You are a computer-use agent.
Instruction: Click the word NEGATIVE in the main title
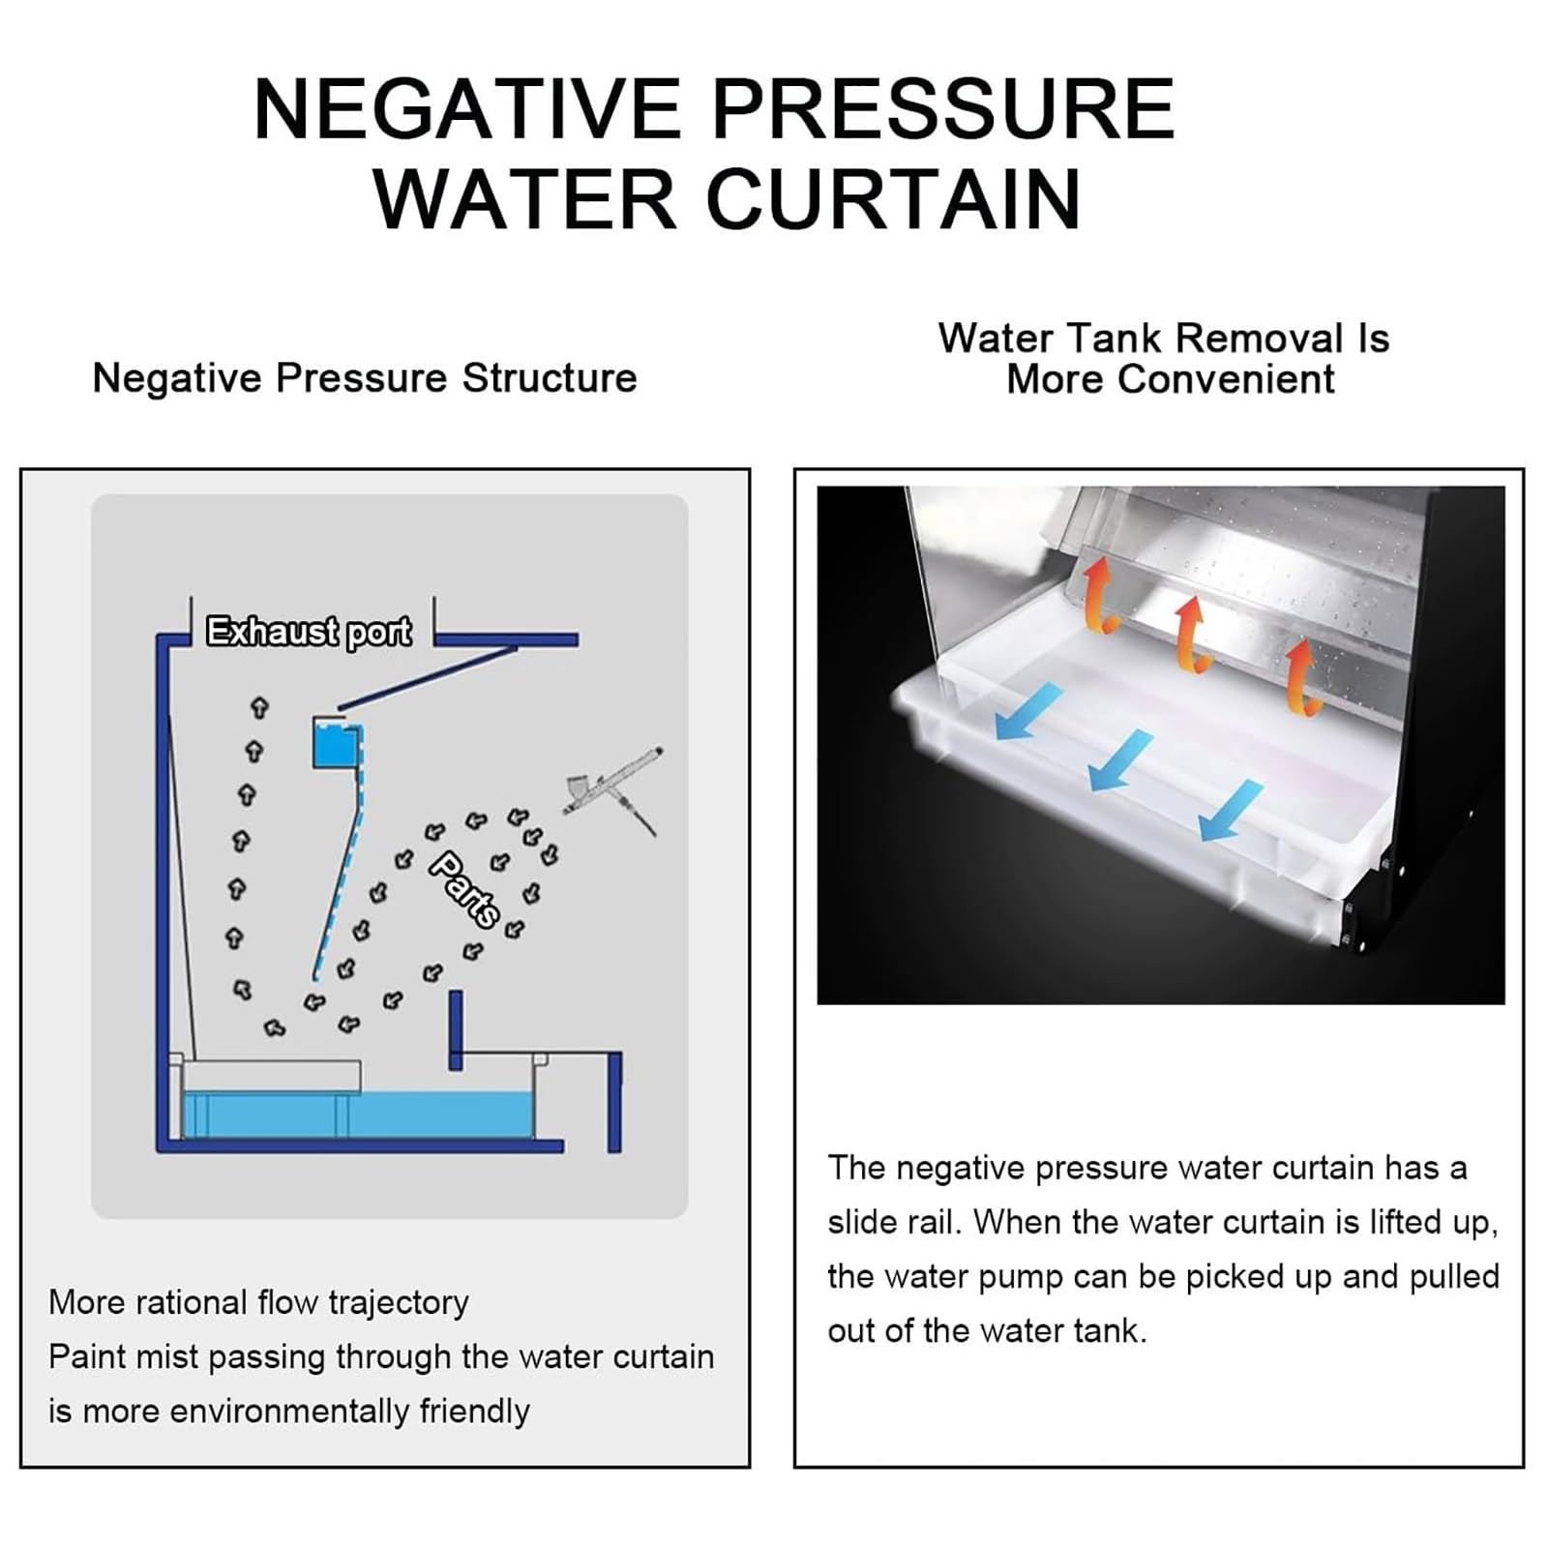(x=468, y=108)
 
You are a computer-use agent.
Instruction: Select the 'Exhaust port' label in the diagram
(x=309, y=632)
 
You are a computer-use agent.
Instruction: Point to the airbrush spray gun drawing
(x=612, y=788)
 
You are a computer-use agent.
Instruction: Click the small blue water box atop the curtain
(x=335, y=743)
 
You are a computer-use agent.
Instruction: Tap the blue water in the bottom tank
(x=358, y=1115)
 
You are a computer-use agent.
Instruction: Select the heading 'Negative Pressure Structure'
(x=365, y=378)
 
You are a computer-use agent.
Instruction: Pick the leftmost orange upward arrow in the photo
(x=1099, y=594)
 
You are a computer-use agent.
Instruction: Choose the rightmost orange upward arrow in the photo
(x=1302, y=677)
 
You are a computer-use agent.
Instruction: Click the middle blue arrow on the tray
(x=1120, y=760)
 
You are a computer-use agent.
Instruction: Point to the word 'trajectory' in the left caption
(x=399, y=1303)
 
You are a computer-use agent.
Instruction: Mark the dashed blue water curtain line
(x=340, y=851)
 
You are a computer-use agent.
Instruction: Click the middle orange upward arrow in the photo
(x=1192, y=634)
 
